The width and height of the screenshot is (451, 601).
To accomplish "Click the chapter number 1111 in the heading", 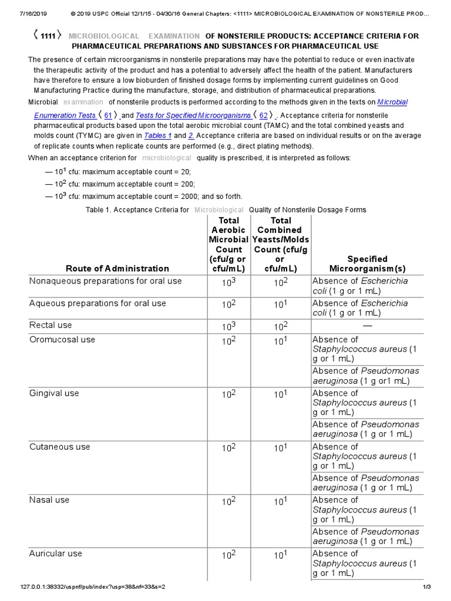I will coord(48,36).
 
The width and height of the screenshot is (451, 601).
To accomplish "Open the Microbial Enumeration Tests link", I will coord(65,116).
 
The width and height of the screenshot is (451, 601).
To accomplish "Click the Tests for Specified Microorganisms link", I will coord(193,116).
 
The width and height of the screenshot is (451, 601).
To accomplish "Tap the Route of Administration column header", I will coord(117,268).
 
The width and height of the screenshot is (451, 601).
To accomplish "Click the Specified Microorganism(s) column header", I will coord(367,264).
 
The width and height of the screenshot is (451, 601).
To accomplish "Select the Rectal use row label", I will coord(51,325).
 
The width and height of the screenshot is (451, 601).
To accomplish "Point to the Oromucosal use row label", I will coord(62,340).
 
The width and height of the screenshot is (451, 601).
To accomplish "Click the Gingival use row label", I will coord(54,393).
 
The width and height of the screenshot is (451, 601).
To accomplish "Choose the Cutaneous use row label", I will coord(60,447).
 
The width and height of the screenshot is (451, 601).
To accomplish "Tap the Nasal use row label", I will coord(49,500).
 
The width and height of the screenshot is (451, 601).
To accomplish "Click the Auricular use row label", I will coord(56,553).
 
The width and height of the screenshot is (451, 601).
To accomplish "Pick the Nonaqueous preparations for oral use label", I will coord(106,281).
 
